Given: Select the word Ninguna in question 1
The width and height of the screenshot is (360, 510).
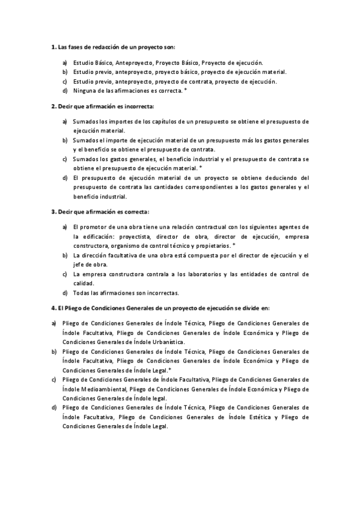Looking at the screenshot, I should point(84,91).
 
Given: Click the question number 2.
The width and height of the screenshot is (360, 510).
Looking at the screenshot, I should point(53,106).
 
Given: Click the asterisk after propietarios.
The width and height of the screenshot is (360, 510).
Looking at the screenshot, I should point(233,245).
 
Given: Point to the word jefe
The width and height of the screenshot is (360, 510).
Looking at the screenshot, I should point(79,265).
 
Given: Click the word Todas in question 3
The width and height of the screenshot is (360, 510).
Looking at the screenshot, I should point(82,293).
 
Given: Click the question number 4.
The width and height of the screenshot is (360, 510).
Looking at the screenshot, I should point(53,308).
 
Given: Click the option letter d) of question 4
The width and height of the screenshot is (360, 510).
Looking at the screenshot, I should point(53,407).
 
